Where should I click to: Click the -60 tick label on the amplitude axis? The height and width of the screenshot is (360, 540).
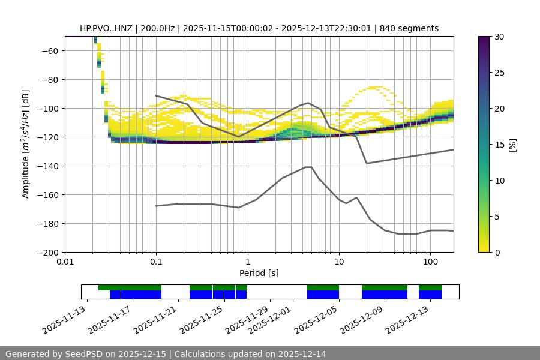coord(49,51)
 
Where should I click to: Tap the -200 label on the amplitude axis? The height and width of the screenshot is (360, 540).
coord(47,253)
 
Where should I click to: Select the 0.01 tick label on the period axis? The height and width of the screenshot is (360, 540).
coord(65,262)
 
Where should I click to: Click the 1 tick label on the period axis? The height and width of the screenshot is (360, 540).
coord(247,262)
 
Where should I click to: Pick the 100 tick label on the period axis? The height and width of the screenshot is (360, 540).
coord(430,262)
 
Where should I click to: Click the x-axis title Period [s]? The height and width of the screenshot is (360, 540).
coord(259,274)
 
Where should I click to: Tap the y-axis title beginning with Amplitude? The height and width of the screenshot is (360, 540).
coord(26,144)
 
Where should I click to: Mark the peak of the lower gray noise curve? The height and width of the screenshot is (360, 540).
coord(309,167)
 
